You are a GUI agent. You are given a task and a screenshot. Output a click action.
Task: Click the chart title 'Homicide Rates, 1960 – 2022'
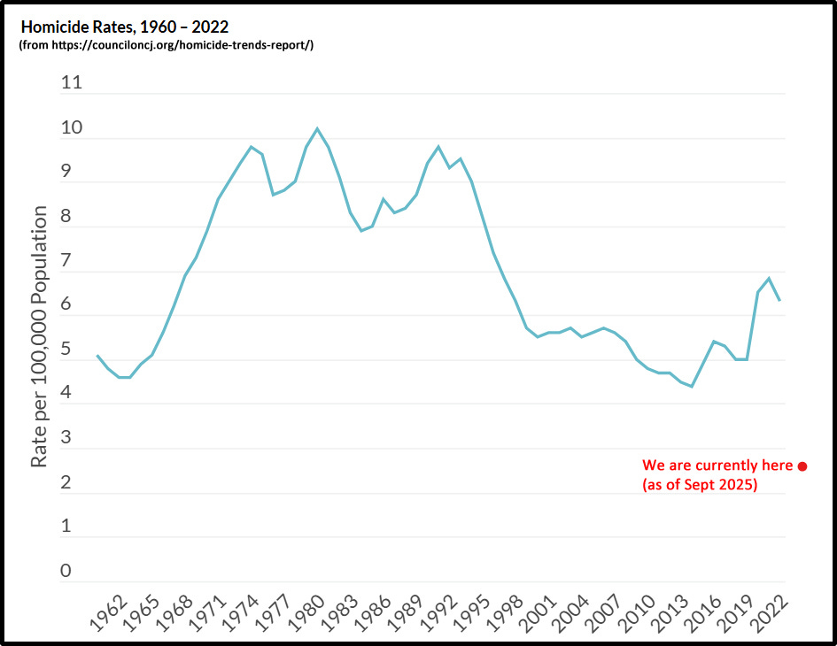(124, 27)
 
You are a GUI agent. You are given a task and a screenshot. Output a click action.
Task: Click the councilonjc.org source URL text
(166, 45)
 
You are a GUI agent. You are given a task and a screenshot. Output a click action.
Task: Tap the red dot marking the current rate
(802, 466)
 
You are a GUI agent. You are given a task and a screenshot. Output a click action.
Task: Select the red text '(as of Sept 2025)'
(700, 486)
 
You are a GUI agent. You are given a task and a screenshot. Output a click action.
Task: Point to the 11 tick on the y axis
(71, 84)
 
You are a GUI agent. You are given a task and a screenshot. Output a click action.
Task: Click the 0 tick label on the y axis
(65, 571)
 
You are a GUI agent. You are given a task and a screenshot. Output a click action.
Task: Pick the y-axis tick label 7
(65, 262)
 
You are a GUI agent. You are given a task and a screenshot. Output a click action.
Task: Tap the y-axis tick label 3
(65, 439)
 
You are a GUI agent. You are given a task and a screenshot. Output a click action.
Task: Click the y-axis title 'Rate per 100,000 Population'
(39, 336)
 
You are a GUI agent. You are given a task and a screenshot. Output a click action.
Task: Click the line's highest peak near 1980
(317, 129)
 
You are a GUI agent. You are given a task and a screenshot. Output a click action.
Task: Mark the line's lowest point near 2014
(692, 387)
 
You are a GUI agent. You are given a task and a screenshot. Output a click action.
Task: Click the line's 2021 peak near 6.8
(769, 279)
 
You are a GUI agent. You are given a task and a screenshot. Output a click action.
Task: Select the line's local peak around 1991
(438, 147)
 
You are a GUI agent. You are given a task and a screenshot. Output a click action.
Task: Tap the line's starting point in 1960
(97, 356)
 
